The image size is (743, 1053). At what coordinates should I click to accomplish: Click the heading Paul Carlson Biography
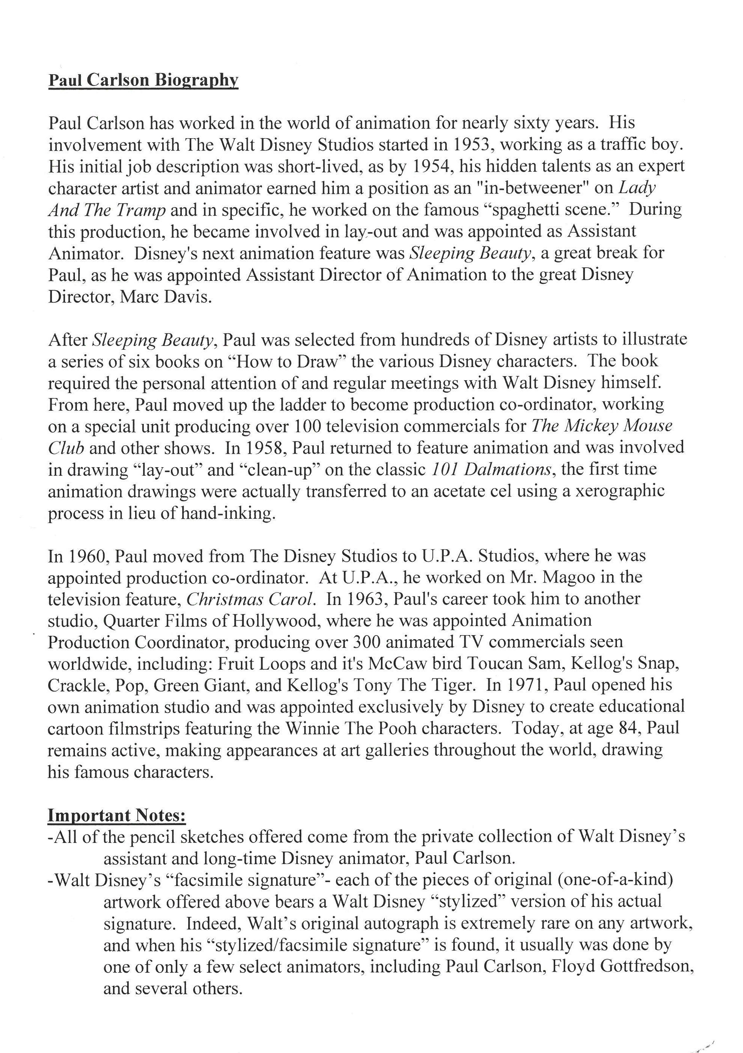tap(143, 80)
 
